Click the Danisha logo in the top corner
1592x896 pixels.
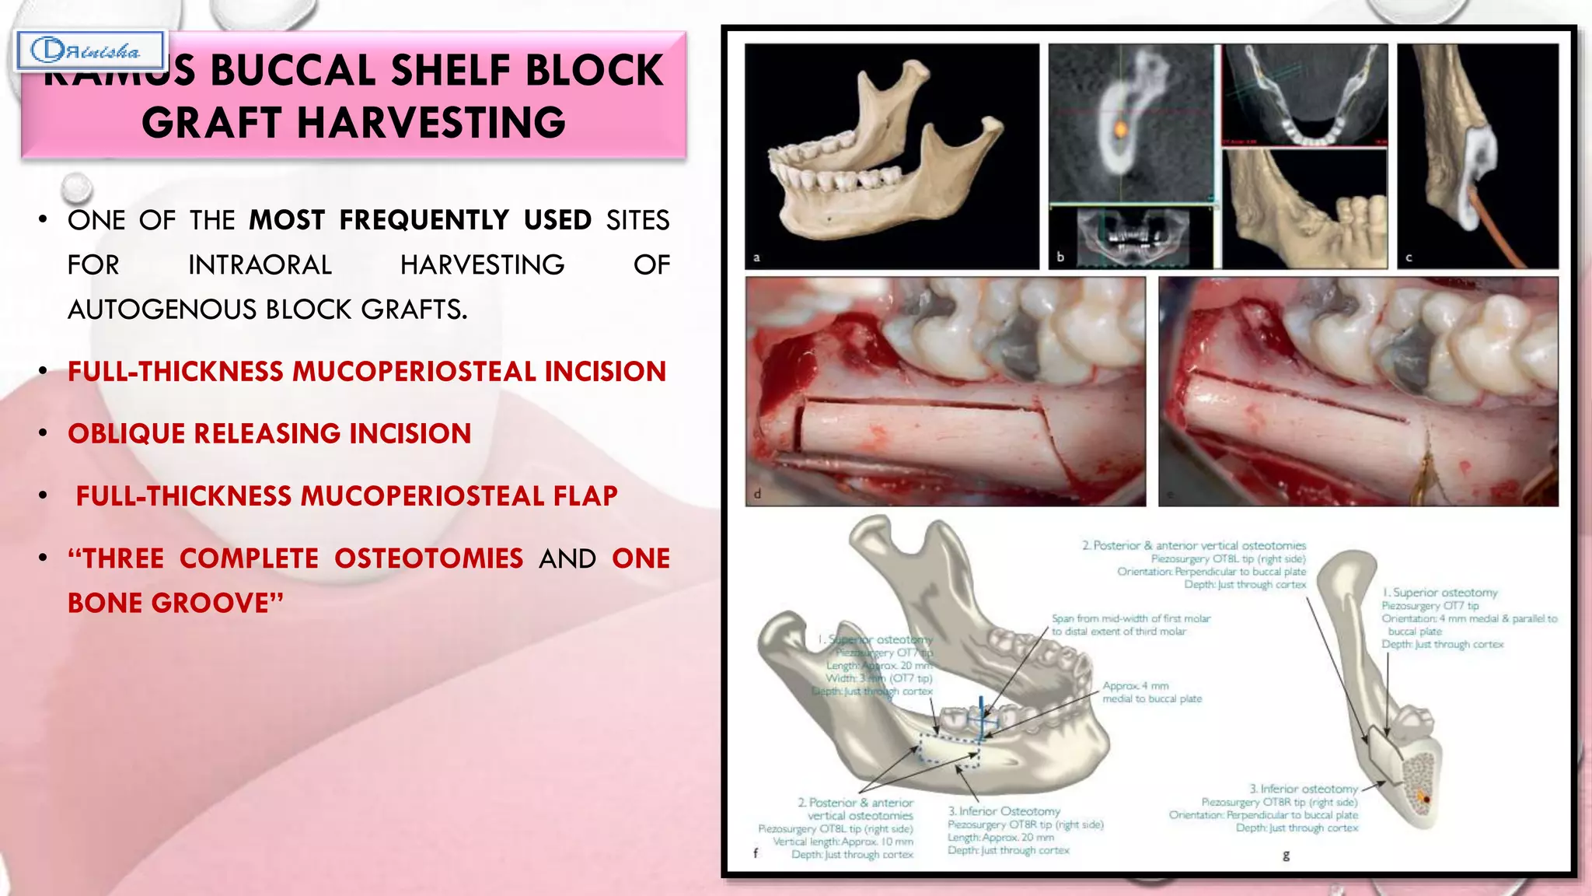(x=89, y=51)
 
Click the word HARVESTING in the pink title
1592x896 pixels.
(x=431, y=123)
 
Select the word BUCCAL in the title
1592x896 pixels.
(x=293, y=71)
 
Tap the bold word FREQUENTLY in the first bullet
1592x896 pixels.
(x=424, y=220)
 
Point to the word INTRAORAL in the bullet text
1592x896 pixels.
(x=260, y=265)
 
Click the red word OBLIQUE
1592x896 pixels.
(x=125, y=434)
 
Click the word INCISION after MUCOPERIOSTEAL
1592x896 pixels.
(x=605, y=372)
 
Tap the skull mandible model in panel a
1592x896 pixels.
(x=886, y=163)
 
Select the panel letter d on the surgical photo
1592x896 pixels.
(x=758, y=493)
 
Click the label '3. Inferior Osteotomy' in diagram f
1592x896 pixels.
(x=1004, y=811)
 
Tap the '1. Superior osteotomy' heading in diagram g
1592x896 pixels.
(x=1440, y=593)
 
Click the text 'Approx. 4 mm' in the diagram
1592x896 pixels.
(x=1135, y=686)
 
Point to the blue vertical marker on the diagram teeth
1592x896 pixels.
(x=983, y=714)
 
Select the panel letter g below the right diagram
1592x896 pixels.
(x=1286, y=856)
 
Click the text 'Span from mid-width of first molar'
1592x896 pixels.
(x=1131, y=618)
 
